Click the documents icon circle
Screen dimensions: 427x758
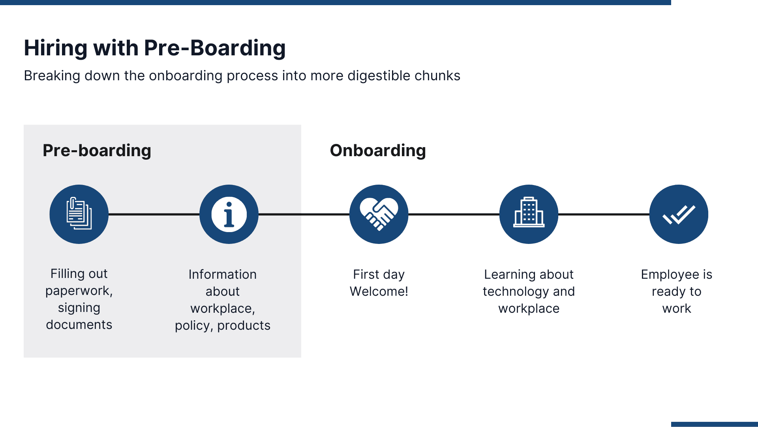coord(79,214)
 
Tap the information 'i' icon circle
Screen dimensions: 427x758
coord(229,214)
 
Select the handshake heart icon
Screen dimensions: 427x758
coord(379,214)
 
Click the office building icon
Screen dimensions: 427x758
coord(529,214)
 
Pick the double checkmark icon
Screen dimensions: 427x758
coord(679,214)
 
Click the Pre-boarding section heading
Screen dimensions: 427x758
coord(97,151)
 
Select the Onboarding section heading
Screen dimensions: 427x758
coord(378,151)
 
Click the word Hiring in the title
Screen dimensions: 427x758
coord(55,48)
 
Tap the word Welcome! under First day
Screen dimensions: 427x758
coord(379,291)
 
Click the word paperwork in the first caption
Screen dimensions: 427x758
coord(78,291)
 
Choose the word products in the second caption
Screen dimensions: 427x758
coord(244,325)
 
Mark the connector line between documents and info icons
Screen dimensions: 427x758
coord(154,214)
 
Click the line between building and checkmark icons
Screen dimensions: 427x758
coord(604,214)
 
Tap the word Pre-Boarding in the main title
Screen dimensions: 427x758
coord(214,48)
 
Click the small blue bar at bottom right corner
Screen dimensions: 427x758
coord(714,424)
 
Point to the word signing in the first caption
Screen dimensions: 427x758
coord(79,308)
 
